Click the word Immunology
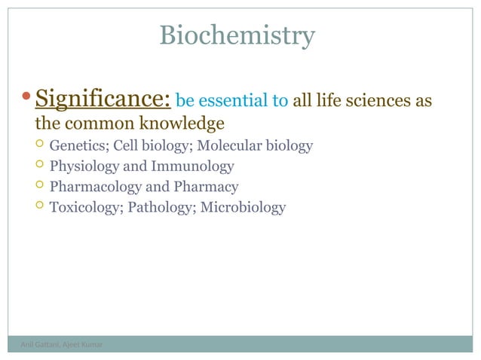click(x=192, y=166)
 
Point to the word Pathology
click(x=161, y=207)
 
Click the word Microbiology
click(x=243, y=207)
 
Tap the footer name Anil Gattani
click(x=32, y=345)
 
